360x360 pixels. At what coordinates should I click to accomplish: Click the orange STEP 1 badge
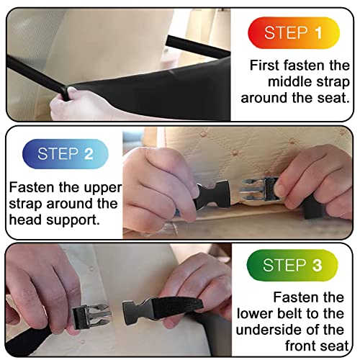click(296, 32)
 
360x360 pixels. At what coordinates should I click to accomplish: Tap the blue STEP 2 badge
click(66, 153)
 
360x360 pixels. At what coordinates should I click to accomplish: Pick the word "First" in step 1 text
click(264, 65)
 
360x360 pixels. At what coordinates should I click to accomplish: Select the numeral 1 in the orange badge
click(318, 32)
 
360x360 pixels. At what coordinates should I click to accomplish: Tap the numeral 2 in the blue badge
click(89, 153)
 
